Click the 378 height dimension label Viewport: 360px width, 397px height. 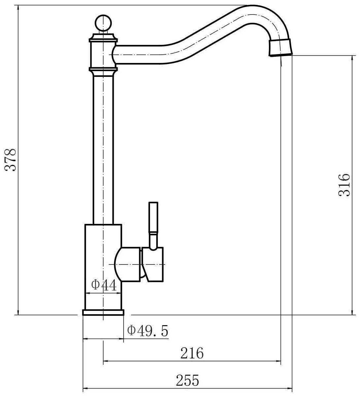point(11,160)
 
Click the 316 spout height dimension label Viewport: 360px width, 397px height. point(344,185)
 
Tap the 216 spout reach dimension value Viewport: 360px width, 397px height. point(192,353)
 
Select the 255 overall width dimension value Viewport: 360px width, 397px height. point(187,381)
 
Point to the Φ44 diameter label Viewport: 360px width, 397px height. point(104,285)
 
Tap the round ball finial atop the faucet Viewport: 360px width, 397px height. point(103,23)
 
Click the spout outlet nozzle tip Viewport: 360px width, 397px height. point(281,48)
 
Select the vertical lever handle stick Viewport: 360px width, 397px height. point(154,224)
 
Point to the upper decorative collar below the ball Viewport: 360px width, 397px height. point(103,40)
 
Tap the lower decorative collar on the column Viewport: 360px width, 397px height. point(103,70)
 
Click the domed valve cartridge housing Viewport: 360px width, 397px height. point(128,264)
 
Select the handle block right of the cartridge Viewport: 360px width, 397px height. point(153,264)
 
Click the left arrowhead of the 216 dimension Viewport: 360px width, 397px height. point(106,362)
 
